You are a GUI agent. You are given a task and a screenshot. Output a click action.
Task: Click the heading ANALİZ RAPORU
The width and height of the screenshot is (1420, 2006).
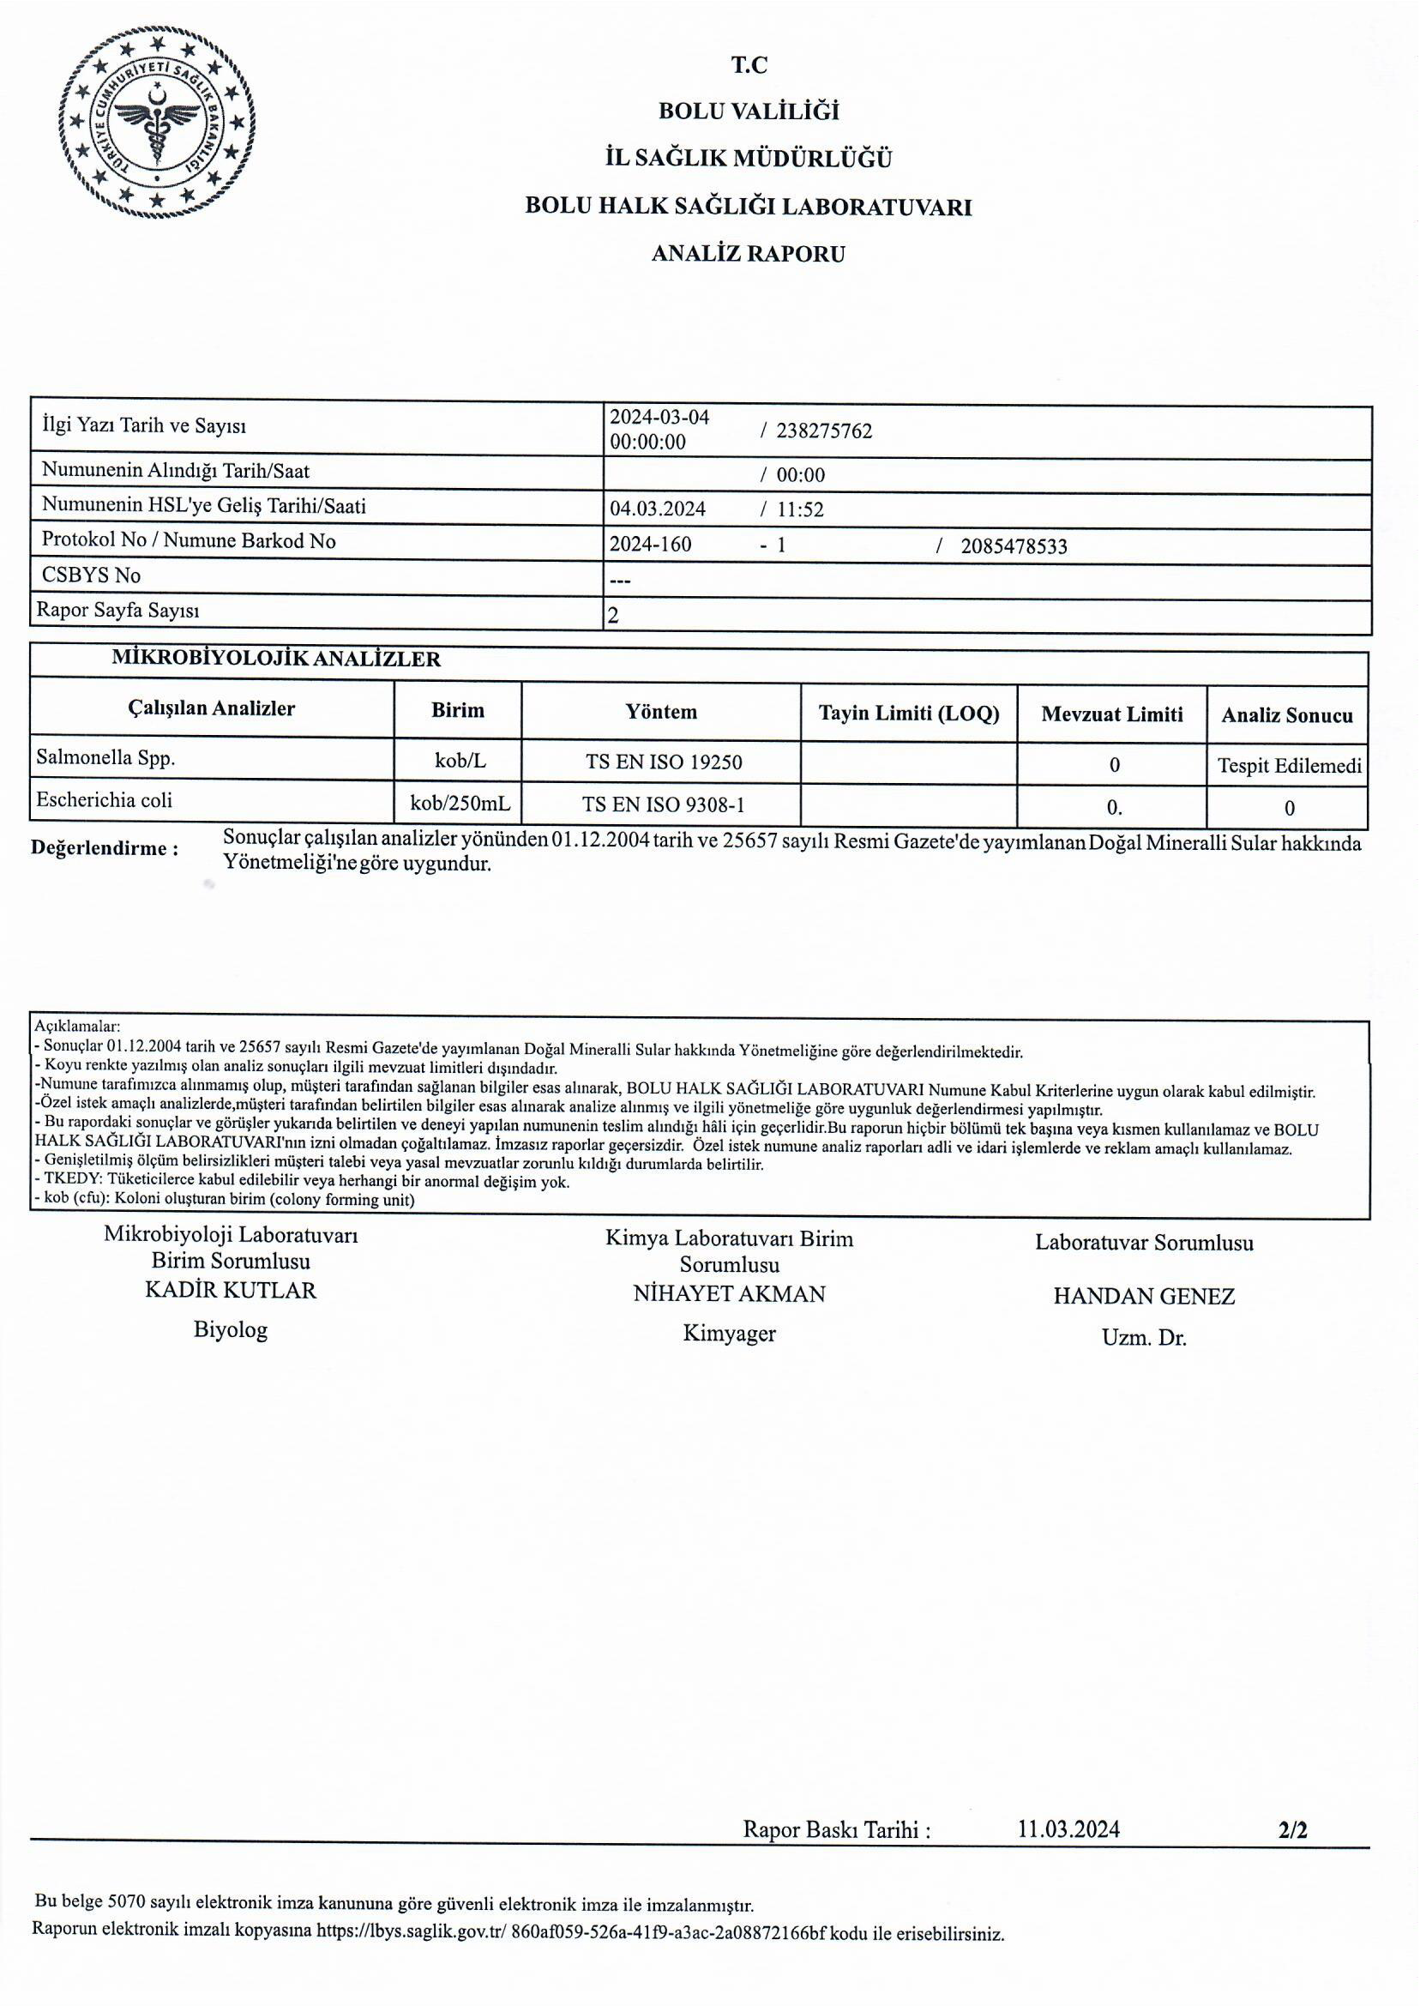coord(748,255)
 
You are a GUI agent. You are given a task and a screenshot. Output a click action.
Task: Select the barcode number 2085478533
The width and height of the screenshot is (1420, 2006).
coord(1014,546)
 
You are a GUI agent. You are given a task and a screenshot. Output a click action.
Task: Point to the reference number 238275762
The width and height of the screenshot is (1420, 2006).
coord(824,431)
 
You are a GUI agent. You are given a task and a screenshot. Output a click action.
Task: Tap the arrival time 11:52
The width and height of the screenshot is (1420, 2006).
coord(800,509)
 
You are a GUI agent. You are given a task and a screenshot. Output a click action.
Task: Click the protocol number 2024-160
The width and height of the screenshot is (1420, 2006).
coord(650,544)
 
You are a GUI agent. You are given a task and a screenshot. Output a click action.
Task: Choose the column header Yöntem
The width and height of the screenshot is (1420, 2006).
coord(661,712)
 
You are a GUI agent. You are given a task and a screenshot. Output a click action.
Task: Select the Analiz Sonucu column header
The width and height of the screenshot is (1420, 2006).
coord(1286,715)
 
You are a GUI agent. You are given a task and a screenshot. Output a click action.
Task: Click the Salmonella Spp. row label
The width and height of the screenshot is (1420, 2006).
coord(105,757)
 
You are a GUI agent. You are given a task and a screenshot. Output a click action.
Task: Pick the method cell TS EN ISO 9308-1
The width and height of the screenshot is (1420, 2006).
coord(663,804)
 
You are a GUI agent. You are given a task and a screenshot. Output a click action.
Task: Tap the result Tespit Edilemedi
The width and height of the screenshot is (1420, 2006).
coord(1289,766)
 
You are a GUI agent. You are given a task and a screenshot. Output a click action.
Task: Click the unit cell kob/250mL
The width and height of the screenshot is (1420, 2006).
coord(459,801)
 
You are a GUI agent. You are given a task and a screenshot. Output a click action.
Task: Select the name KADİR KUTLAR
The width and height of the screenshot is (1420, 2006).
coord(231,1290)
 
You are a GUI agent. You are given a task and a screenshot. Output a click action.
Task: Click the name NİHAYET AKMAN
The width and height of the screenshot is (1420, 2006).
coord(728,1293)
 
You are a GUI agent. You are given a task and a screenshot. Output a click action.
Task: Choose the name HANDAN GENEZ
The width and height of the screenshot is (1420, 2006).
coord(1143,1296)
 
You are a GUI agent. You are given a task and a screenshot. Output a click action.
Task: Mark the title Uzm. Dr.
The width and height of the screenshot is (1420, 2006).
coord(1143,1337)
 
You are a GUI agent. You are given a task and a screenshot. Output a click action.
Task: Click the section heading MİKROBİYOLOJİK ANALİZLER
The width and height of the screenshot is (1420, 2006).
coord(276,659)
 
